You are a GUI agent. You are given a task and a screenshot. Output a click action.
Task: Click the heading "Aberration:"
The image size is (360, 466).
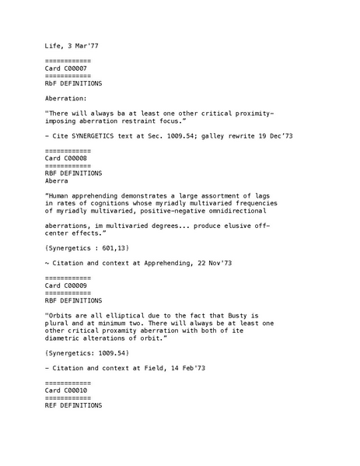tap(66, 99)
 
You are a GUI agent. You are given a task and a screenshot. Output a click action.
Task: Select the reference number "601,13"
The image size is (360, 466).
tap(112, 247)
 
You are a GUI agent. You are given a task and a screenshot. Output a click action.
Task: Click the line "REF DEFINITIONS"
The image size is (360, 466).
tap(73, 405)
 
